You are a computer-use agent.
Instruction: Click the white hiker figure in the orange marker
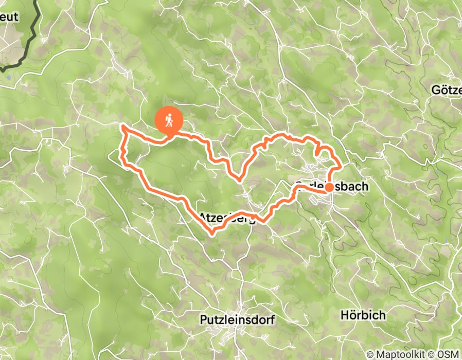(169, 121)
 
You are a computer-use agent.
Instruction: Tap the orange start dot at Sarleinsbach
(328, 188)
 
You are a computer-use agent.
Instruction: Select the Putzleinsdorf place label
(237, 320)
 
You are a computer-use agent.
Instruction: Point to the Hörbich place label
(363, 315)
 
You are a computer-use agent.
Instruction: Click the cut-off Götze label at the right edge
(447, 91)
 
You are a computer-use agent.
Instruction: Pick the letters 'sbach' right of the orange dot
(351, 186)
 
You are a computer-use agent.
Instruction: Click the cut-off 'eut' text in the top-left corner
(9, 17)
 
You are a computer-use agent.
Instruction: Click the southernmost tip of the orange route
(212, 234)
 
